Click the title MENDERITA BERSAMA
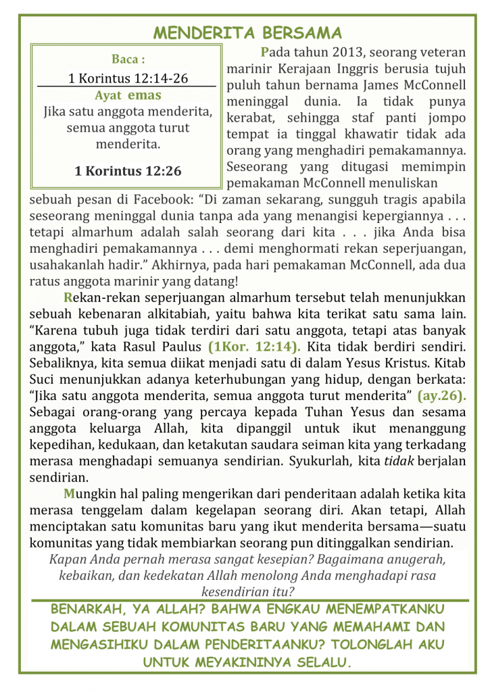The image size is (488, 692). click(247, 33)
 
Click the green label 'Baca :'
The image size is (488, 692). click(128, 59)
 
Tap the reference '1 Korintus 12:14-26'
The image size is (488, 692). click(128, 78)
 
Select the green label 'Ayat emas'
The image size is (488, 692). click(128, 95)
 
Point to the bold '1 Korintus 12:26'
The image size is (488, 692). click(128, 170)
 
